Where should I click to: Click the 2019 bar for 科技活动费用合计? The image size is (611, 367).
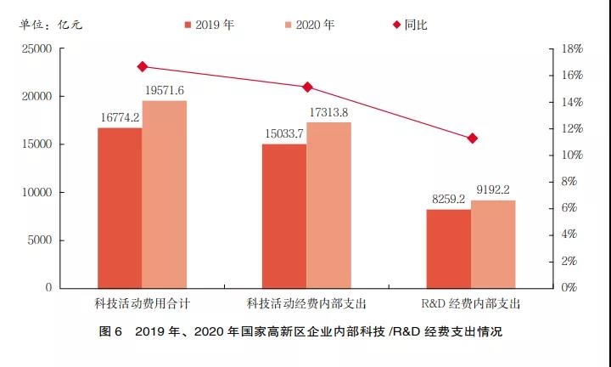(x=120, y=207)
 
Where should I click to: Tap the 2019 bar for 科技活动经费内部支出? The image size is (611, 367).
(x=284, y=216)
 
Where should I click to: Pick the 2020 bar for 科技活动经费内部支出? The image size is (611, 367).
(x=328, y=205)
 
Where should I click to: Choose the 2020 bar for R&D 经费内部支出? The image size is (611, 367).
(x=493, y=244)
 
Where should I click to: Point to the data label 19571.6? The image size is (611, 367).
(x=165, y=91)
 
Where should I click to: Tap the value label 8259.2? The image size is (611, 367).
(x=448, y=200)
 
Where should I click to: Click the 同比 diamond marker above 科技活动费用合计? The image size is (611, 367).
(x=142, y=66)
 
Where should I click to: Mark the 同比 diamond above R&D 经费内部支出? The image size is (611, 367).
(x=472, y=138)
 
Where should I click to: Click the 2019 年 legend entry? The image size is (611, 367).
(x=210, y=25)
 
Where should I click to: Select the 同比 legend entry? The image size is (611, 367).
(x=409, y=25)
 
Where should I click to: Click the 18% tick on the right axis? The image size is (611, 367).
(x=573, y=49)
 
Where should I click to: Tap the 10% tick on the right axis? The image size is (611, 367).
(x=573, y=155)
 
